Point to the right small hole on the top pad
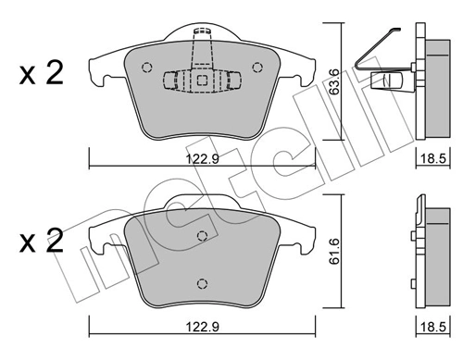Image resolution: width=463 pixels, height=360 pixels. (259, 66)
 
